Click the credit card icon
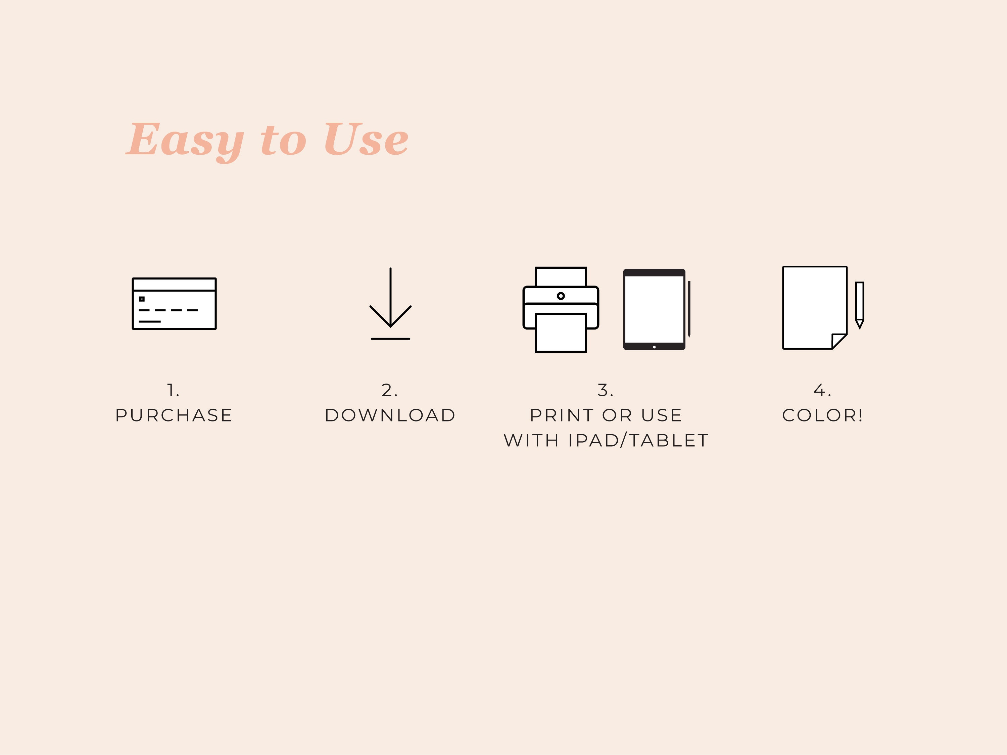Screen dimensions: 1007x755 [x=174, y=304]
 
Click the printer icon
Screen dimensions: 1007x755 [x=561, y=309]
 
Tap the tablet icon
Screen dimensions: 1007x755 [x=654, y=309]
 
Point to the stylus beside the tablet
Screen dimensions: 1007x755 [x=689, y=309]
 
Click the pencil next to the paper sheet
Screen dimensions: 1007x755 [x=860, y=305]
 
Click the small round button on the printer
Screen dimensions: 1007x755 [x=561, y=296]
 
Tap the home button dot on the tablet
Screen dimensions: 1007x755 [x=654, y=347]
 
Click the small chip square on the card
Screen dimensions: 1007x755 [x=142, y=299]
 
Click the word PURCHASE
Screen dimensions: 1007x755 [x=174, y=415]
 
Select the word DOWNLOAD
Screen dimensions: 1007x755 [x=390, y=415]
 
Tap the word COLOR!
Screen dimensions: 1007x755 [x=822, y=415]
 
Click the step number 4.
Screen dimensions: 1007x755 [x=822, y=390]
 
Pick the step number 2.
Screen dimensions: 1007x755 [x=390, y=390]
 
